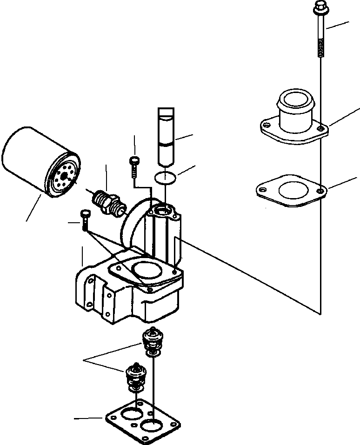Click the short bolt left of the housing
click(84, 220)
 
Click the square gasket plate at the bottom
click(142, 418)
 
